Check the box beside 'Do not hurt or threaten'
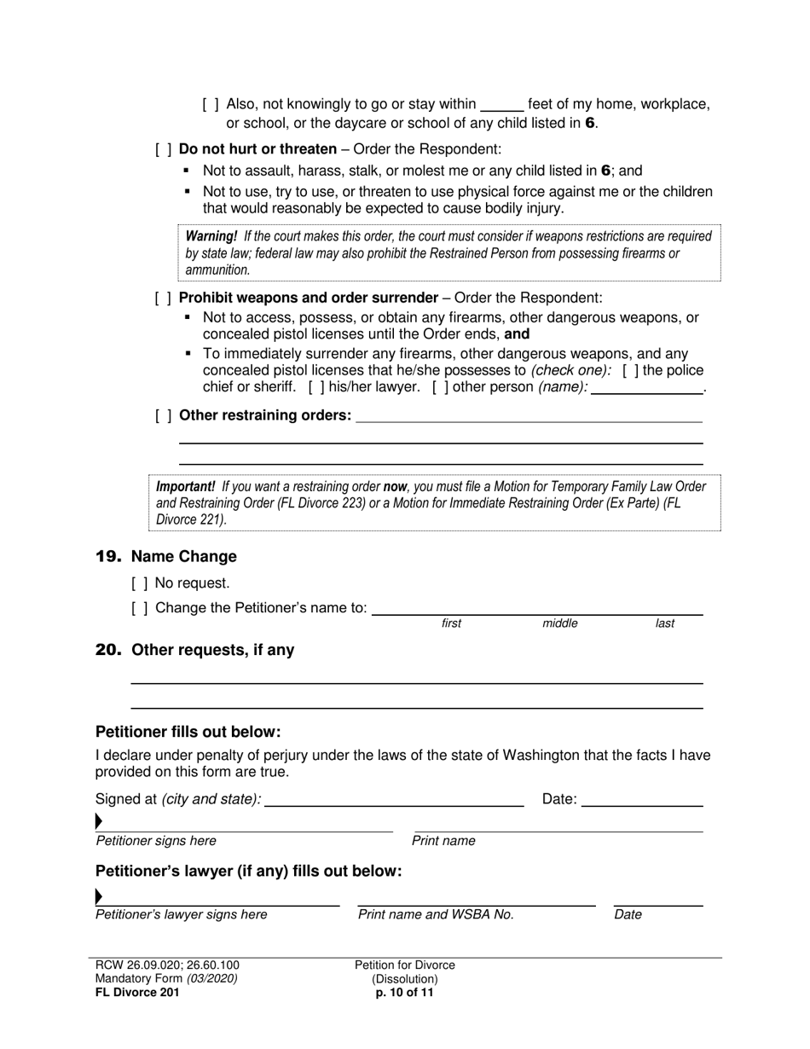click(164, 149)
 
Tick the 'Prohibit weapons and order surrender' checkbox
click(164, 298)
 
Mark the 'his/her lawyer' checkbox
click(315, 387)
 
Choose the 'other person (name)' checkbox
click(439, 387)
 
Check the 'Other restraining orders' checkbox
click(164, 415)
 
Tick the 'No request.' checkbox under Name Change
click(140, 583)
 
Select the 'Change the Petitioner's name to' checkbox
click(140, 608)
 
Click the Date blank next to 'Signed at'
click(642, 800)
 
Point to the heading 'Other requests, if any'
click(212, 651)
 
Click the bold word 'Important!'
click(185, 487)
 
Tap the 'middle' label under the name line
click(559, 623)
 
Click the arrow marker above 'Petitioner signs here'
click(99, 822)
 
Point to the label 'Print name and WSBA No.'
click(436, 915)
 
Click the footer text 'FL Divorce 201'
click(137, 993)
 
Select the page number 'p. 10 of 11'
click(405, 993)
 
